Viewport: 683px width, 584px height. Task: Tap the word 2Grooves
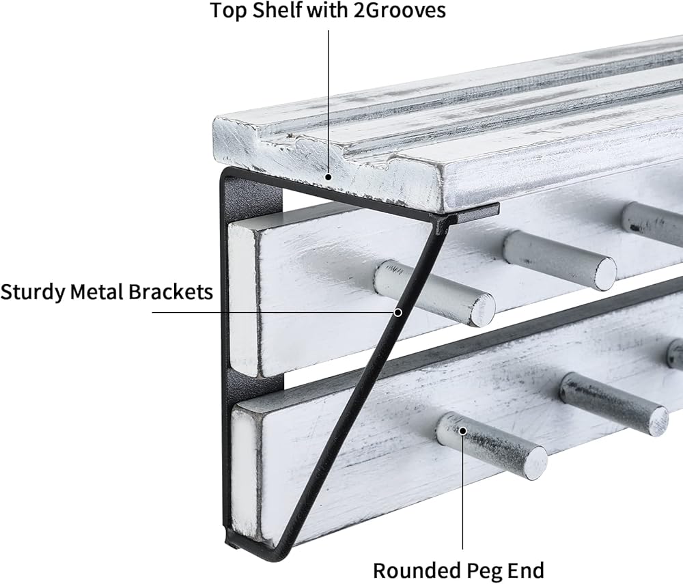400,10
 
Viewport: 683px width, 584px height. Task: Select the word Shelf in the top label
277,10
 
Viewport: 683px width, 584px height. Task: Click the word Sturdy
33,292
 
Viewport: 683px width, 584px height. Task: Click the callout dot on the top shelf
329,177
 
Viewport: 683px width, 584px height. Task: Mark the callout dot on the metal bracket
398,312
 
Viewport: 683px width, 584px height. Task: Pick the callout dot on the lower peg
462,431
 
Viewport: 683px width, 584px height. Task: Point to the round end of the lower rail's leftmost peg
535,464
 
